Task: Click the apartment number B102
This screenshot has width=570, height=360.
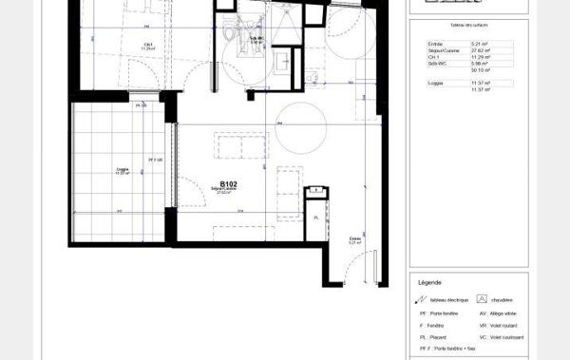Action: coord(228,184)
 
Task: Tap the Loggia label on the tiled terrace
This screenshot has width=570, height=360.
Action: coord(121,171)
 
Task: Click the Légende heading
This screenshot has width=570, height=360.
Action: coord(429,282)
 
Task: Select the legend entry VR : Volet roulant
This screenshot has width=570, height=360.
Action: coord(503,325)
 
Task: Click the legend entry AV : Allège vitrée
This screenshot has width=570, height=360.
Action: coord(503,313)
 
